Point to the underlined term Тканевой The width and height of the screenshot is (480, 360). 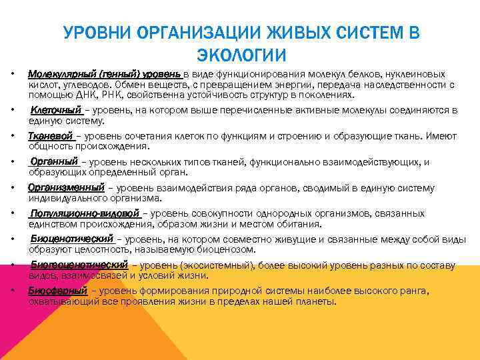50,136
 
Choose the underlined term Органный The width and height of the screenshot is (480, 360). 54,162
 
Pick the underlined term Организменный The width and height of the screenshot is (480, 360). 66,188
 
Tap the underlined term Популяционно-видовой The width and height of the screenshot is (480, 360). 85,214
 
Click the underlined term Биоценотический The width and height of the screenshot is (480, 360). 73,239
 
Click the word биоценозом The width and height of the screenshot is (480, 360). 231,249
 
